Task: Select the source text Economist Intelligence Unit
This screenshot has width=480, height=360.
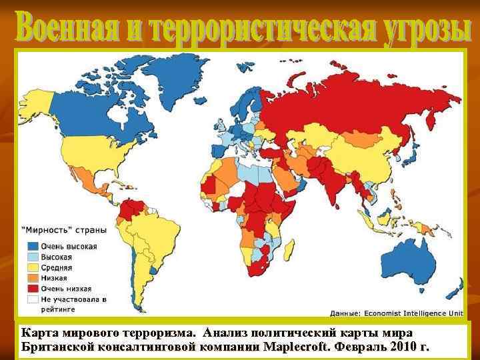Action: point(413,313)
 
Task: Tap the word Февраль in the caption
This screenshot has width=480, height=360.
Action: point(360,347)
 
